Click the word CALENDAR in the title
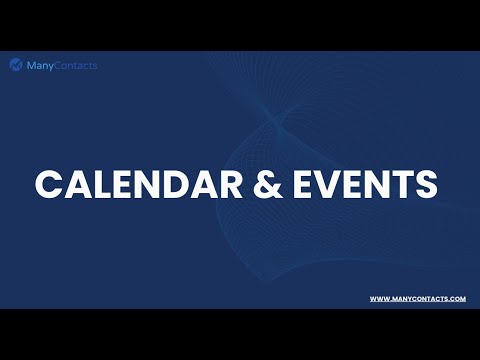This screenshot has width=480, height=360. (x=130, y=185)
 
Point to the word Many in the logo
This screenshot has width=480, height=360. (x=40, y=65)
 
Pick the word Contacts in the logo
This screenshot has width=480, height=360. (x=76, y=65)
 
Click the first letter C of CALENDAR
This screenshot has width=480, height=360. (x=49, y=185)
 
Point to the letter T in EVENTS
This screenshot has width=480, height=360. (x=399, y=185)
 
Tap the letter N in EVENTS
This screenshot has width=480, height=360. (x=371, y=185)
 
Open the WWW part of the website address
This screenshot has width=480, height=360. (x=378, y=299)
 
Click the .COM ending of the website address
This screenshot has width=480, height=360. (x=456, y=299)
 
